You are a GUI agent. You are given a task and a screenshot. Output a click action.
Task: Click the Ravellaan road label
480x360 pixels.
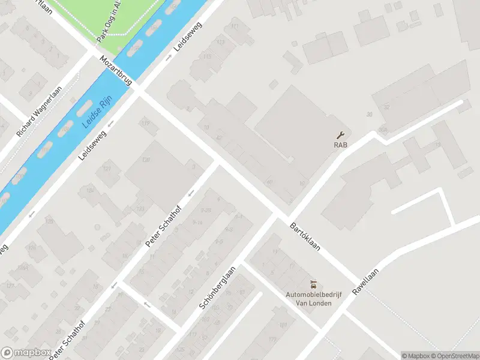coord(367,280)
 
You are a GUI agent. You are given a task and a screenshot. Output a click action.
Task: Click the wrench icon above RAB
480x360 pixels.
coord(342,135)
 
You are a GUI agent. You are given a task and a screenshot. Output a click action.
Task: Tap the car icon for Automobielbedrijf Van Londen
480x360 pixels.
coord(313,284)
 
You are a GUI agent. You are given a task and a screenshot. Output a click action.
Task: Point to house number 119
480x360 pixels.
coord(145,124)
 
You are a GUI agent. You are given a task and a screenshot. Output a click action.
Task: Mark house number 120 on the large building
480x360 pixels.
coord(145,160)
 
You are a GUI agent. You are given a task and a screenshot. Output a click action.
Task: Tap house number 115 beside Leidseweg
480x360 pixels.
coord(208,57)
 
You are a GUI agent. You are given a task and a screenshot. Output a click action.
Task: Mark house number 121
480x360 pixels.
coord(107,169)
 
